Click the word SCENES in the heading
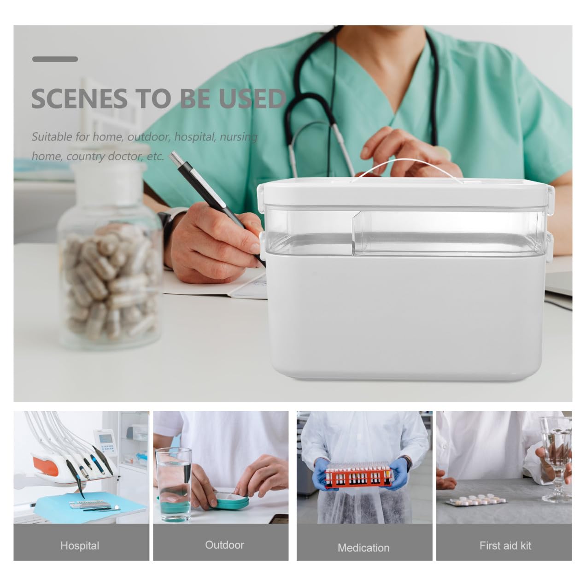[79, 99]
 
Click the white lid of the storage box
[406, 192]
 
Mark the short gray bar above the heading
[55, 59]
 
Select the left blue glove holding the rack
[323, 475]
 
